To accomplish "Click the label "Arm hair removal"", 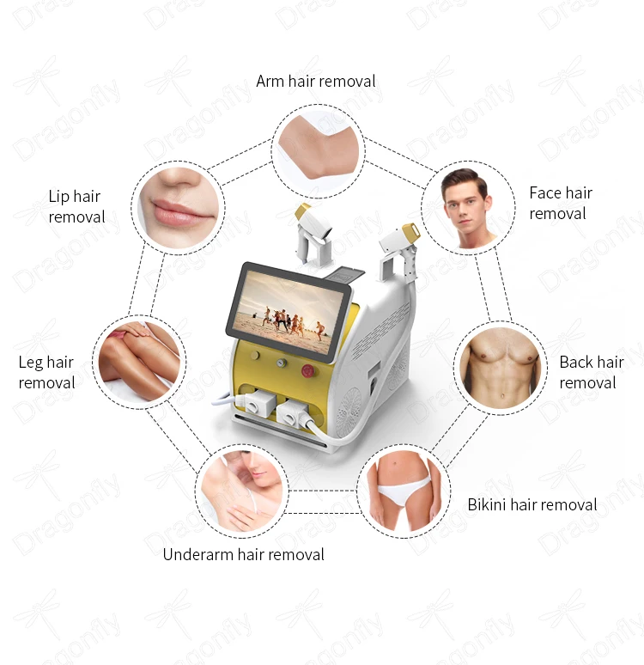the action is (316, 82).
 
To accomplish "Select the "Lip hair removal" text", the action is (75, 207).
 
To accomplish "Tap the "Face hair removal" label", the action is (561, 203).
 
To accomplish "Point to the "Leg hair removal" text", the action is (46, 373).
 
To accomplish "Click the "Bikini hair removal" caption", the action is (532, 504).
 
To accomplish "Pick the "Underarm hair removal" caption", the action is (244, 554).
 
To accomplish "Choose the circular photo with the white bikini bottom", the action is (403, 493).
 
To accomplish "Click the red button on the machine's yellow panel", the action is (308, 370).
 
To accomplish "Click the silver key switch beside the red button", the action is (281, 363).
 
